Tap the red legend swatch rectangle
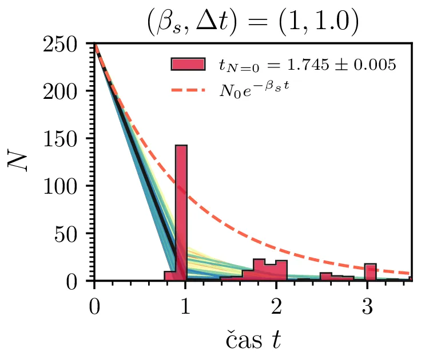pos(188,64)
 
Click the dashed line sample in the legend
pos(188,90)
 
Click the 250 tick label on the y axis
pos(65,44)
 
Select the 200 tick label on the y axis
pos(65,91)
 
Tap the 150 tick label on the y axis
pos(65,139)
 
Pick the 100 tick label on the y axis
pos(65,186)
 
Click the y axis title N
pos(19,162)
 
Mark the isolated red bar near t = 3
pos(370,272)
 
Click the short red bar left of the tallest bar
pos(169,276)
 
